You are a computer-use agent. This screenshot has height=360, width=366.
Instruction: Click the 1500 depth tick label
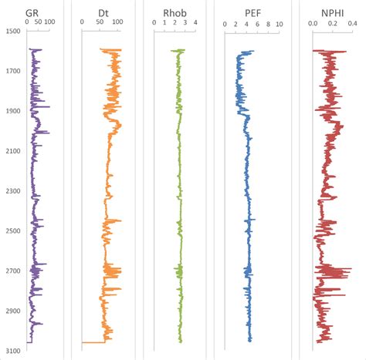coord(12,32)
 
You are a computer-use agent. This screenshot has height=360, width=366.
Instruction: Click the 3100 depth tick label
coord(12,351)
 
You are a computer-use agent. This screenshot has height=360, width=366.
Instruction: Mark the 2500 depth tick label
coord(12,230)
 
